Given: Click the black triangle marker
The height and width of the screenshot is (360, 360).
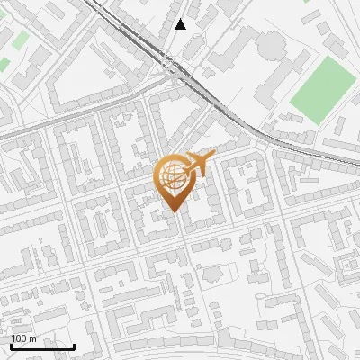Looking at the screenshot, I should click(181, 24).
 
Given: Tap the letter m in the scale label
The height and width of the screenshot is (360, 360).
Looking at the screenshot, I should click(32, 338).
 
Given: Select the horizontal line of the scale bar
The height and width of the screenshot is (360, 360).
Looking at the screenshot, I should click(42, 346).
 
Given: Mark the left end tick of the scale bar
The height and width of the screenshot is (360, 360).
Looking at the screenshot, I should click(11, 345).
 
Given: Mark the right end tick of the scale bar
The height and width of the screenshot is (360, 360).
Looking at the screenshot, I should click(75, 345).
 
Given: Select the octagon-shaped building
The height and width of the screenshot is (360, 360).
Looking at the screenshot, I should click(213, 273).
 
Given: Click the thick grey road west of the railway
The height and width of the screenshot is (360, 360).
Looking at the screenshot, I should click(54, 121).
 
